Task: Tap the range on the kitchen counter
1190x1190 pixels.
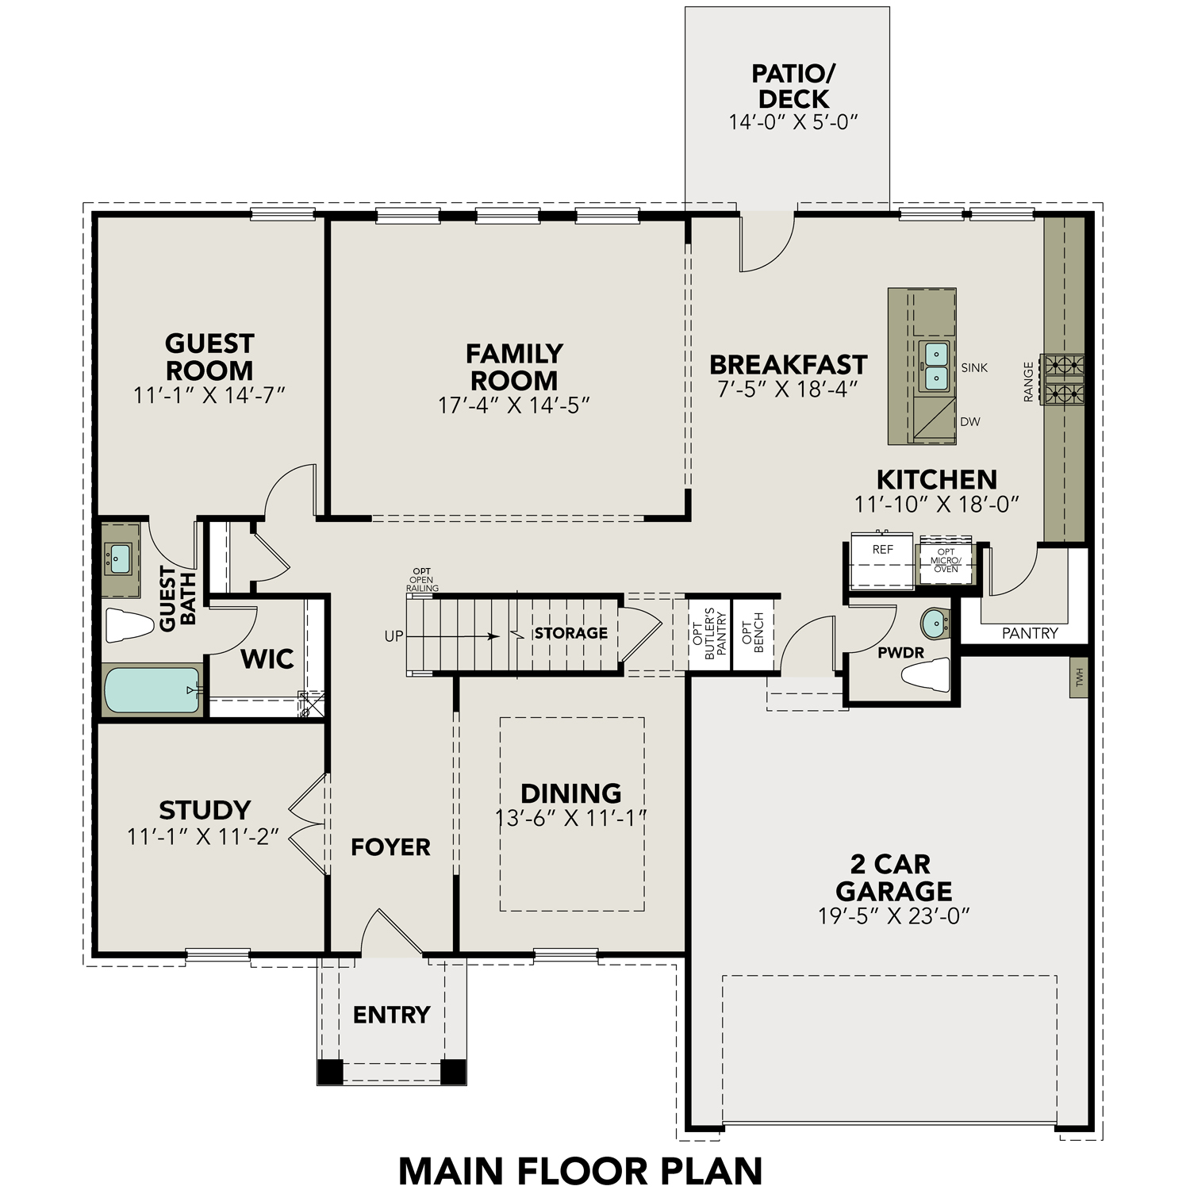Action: point(1063,379)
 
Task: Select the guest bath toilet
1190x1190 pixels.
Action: point(129,625)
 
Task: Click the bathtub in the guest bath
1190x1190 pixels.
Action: point(152,689)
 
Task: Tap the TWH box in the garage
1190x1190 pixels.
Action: point(1078,677)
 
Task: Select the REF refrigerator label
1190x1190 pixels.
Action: point(882,549)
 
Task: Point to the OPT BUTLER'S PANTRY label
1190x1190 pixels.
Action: point(716,633)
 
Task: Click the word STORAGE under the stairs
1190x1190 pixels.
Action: point(570,633)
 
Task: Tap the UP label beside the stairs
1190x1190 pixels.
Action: point(393,636)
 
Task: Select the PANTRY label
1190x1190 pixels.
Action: point(1030,633)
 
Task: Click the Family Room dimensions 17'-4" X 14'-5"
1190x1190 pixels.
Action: point(514,405)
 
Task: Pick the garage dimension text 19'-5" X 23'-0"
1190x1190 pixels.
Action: point(894,916)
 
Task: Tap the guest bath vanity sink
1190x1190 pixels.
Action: point(119,558)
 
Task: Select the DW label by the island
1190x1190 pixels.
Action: point(969,422)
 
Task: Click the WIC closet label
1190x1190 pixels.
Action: point(267,658)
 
